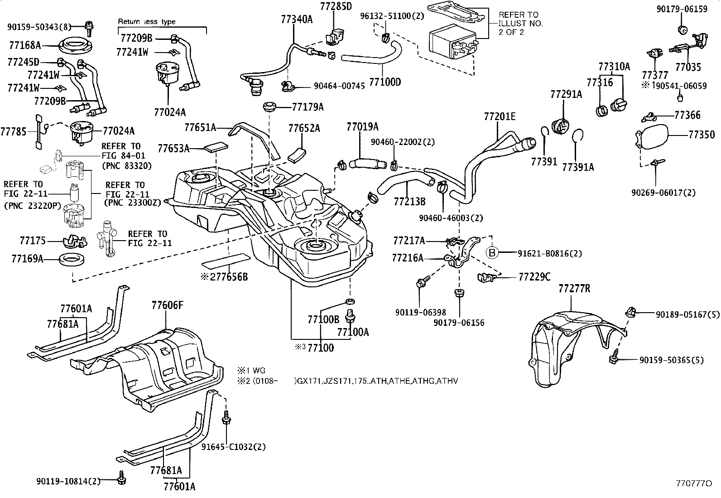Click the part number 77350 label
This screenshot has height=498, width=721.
[702, 135]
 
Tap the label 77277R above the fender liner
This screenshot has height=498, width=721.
[574, 289]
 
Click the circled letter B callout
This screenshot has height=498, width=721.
[492, 252]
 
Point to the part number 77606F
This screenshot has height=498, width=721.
[168, 305]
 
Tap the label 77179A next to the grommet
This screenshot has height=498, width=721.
[308, 107]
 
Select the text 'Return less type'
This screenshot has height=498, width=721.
[147, 21]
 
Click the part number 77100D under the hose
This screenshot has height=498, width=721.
[385, 82]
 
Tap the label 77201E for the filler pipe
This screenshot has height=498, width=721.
[500, 116]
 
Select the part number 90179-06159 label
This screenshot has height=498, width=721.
[682, 9]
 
